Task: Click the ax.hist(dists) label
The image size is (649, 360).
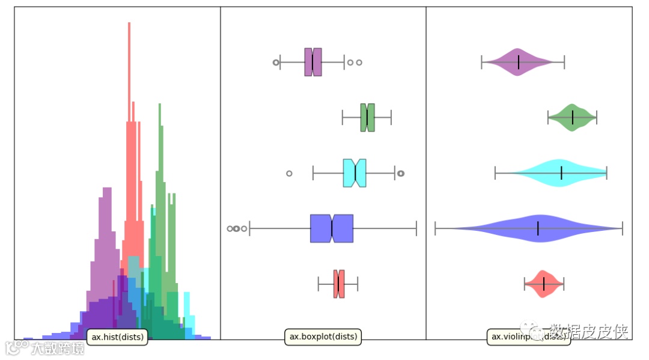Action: (x=117, y=337)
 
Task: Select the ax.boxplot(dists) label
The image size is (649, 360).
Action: (x=323, y=337)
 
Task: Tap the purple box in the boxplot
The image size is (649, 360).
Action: (x=313, y=62)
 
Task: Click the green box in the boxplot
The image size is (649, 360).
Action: (x=368, y=117)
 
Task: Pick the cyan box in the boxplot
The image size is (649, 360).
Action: (x=355, y=173)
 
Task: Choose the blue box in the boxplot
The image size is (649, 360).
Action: (x=331, y=228)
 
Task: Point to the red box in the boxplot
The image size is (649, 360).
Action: (x=339, y=284)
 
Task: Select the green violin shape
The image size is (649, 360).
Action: (x=572, y=117)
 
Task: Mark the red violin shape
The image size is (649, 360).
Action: (x=544, y=284)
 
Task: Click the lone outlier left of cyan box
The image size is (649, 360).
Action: (x=289, y=173)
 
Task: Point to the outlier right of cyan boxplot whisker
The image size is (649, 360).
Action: (x=401, y=173)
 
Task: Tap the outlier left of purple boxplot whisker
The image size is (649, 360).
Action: (x=276, y=62)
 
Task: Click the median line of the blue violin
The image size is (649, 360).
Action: (x=538, y=228)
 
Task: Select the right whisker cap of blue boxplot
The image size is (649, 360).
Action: (x=416, y=228)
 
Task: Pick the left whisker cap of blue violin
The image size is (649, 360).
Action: (x=436, y=228)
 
